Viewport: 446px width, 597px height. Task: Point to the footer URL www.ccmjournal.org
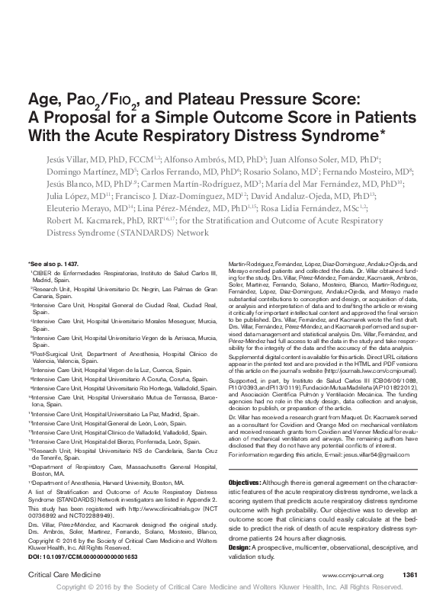[352, 574]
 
